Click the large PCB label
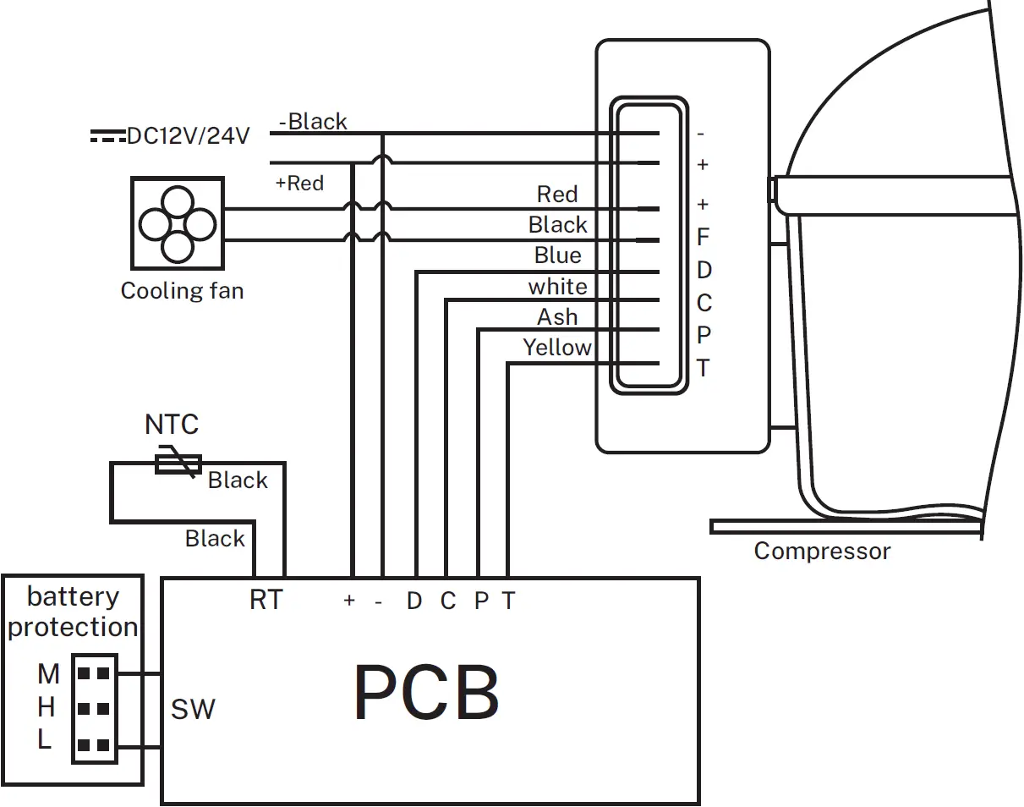426,693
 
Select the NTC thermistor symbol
178,463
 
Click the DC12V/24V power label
188,135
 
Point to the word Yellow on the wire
557,348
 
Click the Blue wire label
558,255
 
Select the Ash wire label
558,317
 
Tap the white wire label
558,287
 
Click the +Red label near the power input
299,184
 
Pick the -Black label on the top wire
313,122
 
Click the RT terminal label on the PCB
266,601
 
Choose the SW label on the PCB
193,709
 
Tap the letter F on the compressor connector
703,238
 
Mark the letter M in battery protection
48,674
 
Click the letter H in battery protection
47,706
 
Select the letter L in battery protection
45,740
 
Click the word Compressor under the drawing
822,552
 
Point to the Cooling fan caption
182,291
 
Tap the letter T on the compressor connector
703,369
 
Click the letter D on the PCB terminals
413,601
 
